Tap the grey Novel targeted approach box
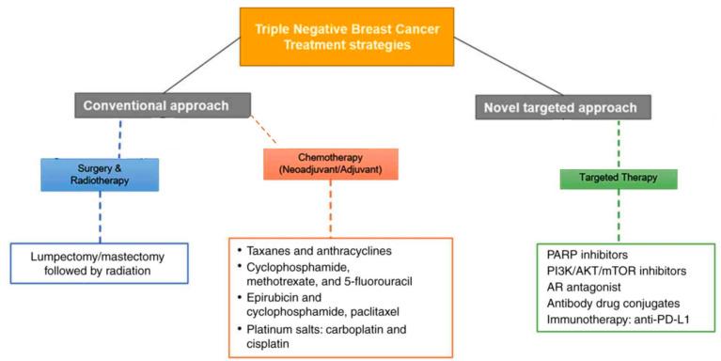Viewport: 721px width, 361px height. pos(548,108)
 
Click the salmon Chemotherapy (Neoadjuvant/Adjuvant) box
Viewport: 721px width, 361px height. pos(330,165)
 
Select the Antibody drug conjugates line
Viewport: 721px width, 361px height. pos(612,303)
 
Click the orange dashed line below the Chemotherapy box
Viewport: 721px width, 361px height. pos(329,208)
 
